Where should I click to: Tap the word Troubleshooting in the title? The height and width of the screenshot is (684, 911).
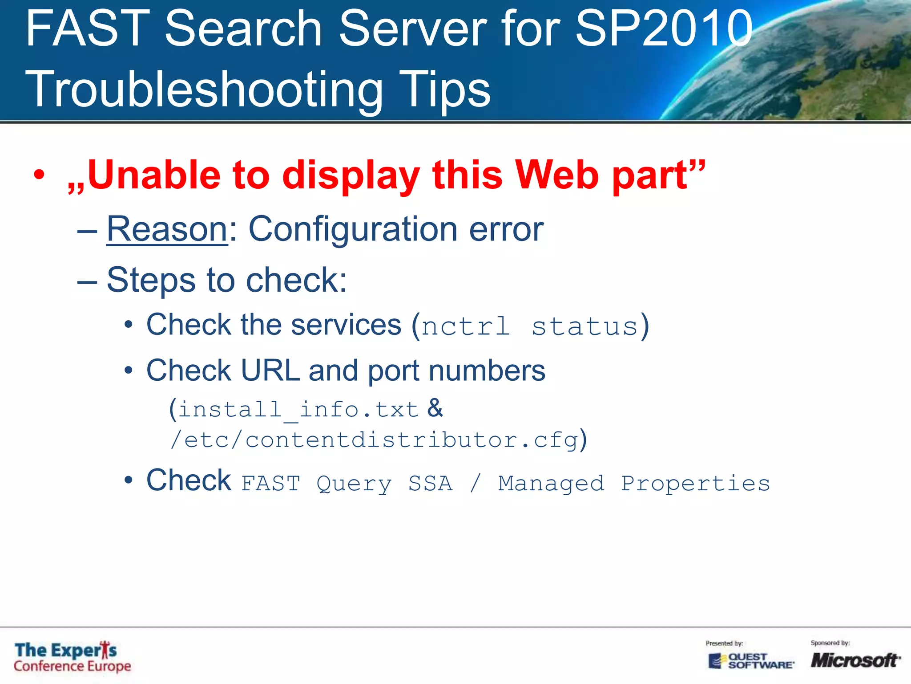coord(204,89)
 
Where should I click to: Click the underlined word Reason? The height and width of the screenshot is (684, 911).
coord(167,229)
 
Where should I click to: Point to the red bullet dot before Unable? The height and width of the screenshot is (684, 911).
coord(39,175)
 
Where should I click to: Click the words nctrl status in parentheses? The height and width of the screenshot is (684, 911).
coord(530,326)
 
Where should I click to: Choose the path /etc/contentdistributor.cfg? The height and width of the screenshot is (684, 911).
coord(374,440)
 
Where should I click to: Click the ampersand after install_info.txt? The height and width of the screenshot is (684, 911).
coord(435,408)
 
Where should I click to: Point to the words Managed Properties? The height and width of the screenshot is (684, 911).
coord(634,483)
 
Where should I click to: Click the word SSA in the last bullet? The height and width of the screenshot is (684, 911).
coord(430,483)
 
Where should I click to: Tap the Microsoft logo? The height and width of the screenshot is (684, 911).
coord(855,660)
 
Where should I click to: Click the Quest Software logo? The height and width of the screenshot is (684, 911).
coord(751,660)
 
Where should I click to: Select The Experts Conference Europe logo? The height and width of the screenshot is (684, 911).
coord(73,656)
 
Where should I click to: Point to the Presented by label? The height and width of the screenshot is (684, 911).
coord(724,643)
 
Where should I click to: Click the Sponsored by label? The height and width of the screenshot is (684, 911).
coord(830,643)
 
